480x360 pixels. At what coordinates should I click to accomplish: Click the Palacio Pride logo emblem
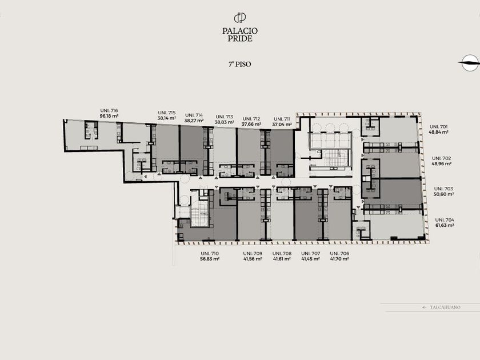click(x=240, y=18)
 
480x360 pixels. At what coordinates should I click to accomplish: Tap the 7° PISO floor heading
click(x=239, y=64)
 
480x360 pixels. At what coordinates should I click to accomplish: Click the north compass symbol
click(x=469, y=63)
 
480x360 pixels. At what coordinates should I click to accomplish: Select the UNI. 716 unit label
click(x=109, y=110)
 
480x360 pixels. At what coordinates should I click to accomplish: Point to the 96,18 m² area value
click(x=109, y=116)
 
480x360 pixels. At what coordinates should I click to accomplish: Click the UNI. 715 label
click(x=167, y=113)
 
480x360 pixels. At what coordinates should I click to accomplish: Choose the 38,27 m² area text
click(x=194, y=121)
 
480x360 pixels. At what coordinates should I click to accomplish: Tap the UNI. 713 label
click(x=225, y=117)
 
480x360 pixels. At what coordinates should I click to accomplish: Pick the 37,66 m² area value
click(x=251, y=124)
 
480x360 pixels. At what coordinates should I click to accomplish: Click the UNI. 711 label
click(x=282, y=119)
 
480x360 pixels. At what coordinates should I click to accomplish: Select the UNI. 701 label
click(x=439, y=126)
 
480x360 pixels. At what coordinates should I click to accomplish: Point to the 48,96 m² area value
click(x=442, y=163)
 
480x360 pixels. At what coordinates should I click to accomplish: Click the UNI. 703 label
click(x=443, y=189)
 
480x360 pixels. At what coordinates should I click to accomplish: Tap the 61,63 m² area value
click(x=445, y=225)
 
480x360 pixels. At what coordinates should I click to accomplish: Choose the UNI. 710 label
click(x=210, y=254)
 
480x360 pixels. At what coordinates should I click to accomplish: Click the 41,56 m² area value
click(x=253, y=259)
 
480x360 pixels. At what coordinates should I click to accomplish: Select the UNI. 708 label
click(x=282, y=254)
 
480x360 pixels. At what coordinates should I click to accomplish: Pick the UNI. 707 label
click(x=311, y=254)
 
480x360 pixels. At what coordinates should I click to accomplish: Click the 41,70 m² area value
click(x=339, y=259)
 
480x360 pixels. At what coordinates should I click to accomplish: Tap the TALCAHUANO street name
click(x=445, y=307)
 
